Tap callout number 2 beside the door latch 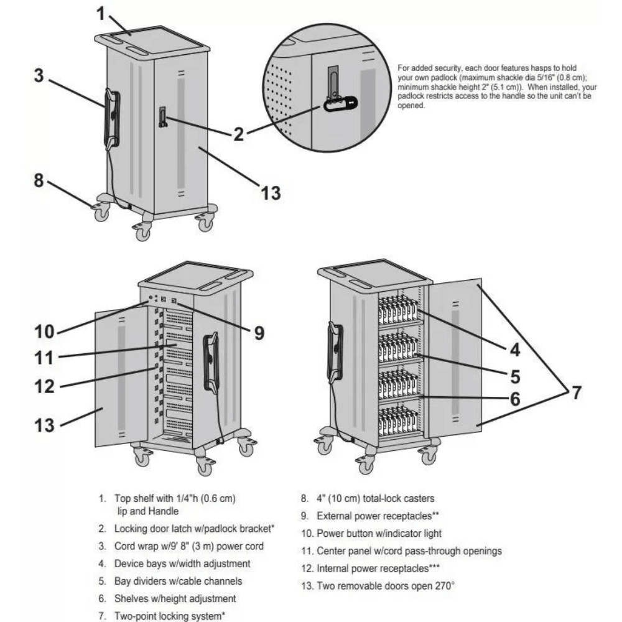pos(238,132)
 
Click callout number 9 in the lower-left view pos(257,333)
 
